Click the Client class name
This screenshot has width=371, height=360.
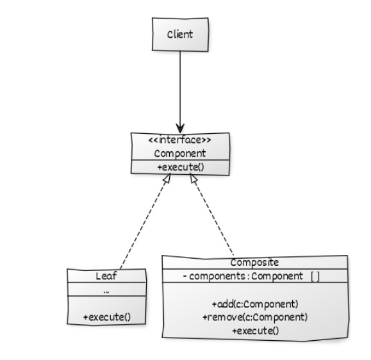click(x=180, y=35)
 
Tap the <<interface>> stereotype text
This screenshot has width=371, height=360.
click(x=179, y=140)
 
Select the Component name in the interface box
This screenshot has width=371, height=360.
click(x=180, y=154)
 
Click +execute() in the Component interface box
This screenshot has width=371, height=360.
click(x=181, y=167)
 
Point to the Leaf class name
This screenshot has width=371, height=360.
click(x=106, y=276)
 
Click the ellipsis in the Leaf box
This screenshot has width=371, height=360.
click(x=106, y=292)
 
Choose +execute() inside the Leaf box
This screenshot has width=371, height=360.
click(x=107, y=317)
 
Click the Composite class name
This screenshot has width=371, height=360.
click(x=254, y=262)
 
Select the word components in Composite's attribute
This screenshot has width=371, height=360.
click(x=217, y=276)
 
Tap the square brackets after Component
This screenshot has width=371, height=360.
click(x=315, y=276)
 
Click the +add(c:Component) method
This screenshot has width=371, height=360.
click(x=255, y=304)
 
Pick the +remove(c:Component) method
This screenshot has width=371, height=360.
click(x=255, y=317)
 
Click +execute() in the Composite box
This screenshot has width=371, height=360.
click(x=256, y=331)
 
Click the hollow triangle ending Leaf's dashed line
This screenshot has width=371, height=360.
click(x=167, y=179)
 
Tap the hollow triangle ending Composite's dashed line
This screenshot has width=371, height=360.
click(x=194, y=179)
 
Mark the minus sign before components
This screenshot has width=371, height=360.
click(x=185, y=276)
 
